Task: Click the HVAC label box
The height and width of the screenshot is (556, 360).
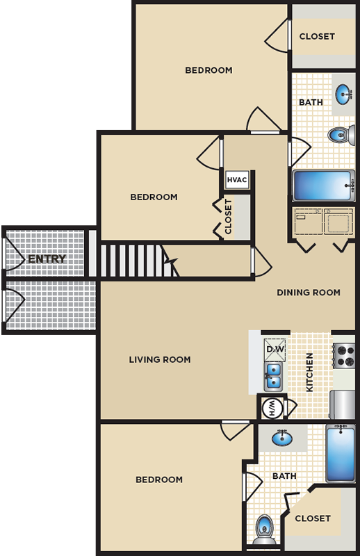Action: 236,180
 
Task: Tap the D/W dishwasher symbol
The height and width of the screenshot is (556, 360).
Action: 275,349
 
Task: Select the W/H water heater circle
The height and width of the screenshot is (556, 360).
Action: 272,408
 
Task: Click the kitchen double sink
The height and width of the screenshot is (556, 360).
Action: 273,376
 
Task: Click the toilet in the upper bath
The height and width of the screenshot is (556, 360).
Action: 341,135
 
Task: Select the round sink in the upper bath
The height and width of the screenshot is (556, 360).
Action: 343,95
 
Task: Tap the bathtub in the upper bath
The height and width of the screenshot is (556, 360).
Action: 323,186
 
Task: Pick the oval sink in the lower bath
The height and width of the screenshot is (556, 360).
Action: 282,439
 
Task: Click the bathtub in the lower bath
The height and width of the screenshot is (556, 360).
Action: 341,453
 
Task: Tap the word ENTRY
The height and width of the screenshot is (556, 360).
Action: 47,259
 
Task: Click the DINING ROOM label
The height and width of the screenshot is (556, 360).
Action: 309,293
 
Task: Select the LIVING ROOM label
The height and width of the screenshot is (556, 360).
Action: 160,359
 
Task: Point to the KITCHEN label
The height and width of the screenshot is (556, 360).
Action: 309,373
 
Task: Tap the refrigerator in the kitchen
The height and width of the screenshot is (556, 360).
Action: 342,404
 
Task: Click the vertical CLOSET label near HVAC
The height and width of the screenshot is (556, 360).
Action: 228,216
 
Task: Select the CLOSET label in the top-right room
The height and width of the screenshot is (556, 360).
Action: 317,37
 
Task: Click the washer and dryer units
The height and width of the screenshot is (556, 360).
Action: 323,222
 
